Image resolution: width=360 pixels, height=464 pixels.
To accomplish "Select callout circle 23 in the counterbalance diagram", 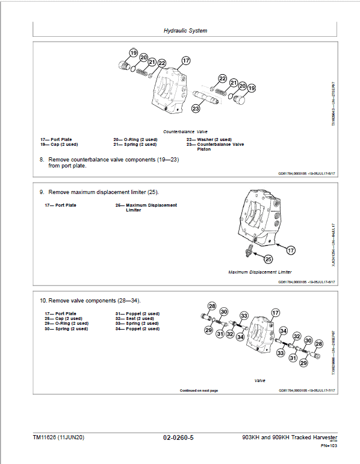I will click(196, 108).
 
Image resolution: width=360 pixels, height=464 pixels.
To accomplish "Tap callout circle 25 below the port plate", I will click(268, 259).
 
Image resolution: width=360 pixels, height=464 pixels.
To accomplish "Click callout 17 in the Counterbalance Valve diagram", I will click(186, 60).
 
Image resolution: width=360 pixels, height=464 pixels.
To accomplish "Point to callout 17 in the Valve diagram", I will click(275, 312).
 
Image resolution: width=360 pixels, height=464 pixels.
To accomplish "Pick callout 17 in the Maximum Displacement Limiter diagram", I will click(290, 250).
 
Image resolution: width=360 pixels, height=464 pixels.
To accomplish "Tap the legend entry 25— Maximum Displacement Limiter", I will click(146, 207).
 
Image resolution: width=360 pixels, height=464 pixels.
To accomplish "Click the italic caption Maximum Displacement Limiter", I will click(259, 272).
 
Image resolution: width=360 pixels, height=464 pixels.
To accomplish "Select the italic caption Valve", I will click(259, 380).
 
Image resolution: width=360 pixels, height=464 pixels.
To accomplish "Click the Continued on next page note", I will click(199, 390).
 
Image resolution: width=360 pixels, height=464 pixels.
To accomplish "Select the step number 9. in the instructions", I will click(42, 192).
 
